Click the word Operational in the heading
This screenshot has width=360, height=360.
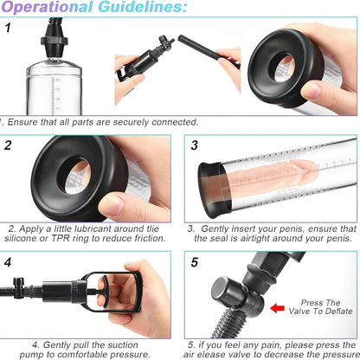[47, 6]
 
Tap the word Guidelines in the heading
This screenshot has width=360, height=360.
[142, 6]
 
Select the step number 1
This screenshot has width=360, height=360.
[8, 28]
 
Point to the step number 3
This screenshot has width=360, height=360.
[195, 145]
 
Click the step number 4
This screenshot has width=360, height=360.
[8, 262]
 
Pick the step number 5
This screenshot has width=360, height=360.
[195, 262]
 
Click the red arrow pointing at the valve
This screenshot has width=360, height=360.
[277, 308]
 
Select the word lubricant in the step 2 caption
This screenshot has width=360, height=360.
[93, 228]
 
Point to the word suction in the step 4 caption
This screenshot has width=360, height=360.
[123, 344]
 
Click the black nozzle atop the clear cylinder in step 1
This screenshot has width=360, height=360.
[55, 38]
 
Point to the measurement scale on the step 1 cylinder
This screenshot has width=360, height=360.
[55, 93]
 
